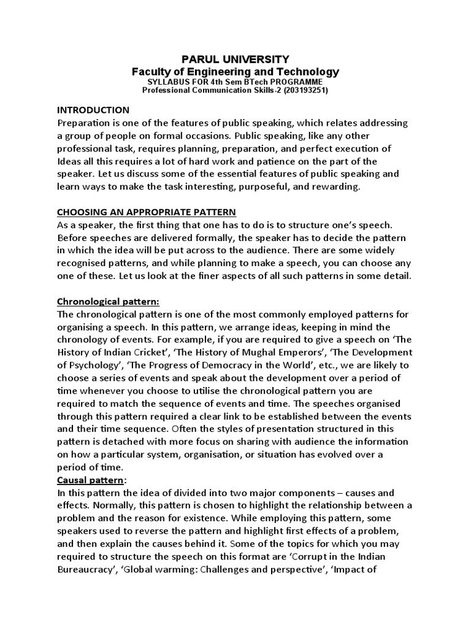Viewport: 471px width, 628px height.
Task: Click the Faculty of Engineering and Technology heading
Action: click(x=236, y=72)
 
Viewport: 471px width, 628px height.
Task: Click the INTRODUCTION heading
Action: click(x=93, y=110)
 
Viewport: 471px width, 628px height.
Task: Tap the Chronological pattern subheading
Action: click(x=108, y=302)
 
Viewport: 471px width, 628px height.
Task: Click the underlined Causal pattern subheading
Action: click(x=88, y=480)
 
